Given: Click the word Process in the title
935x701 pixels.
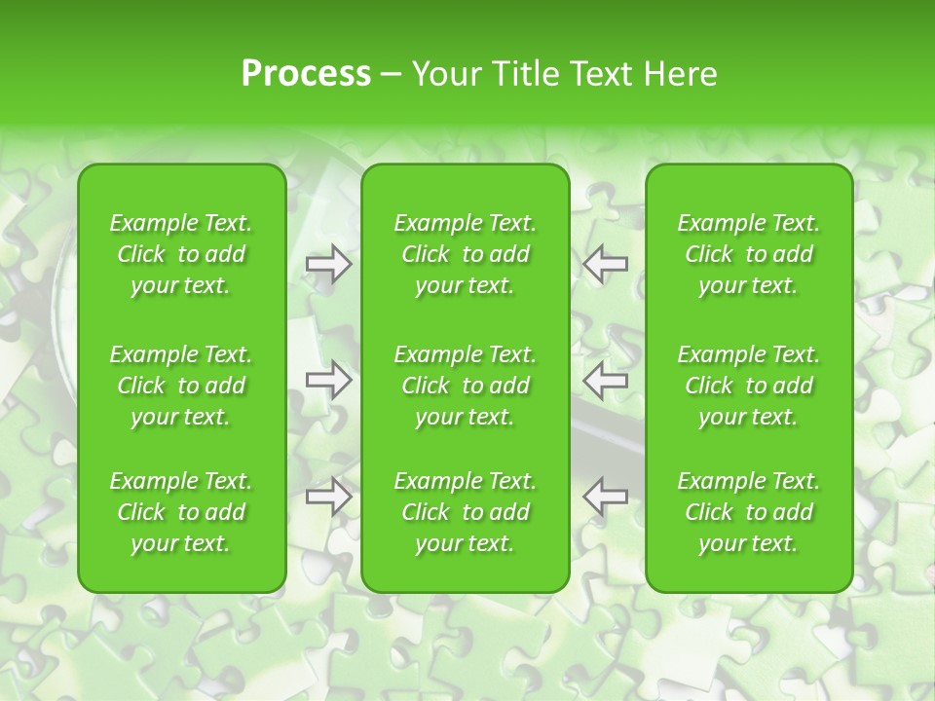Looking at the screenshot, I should tap(306, 74).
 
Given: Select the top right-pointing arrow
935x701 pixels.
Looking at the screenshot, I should tap(329, 264).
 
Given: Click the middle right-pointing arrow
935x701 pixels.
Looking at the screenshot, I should tap(329, 380).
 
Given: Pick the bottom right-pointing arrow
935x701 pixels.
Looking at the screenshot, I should tap(329, 496).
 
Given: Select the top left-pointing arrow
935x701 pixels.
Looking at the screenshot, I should tap(606, 264).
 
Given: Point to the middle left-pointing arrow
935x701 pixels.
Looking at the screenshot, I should tap(606, 380).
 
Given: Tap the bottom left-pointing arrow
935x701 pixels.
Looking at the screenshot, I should tap(606, 496).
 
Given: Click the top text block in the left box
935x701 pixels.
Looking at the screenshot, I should tap(181, 254).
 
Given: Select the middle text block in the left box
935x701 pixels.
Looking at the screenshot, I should tap(181, 386).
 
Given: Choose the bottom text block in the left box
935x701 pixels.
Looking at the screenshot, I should tap(181, 512).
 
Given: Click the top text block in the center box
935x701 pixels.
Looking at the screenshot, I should tap(466, 254).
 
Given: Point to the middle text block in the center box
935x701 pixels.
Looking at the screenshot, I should tap(466, 386).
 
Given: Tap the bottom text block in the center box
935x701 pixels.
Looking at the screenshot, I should tap(466, 512).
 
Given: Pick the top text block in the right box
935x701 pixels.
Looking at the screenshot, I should tap(749, 254).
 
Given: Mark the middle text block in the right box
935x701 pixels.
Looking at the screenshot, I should tap(749, 386).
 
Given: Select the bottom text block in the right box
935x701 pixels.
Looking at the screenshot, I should tap(749, 512).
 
